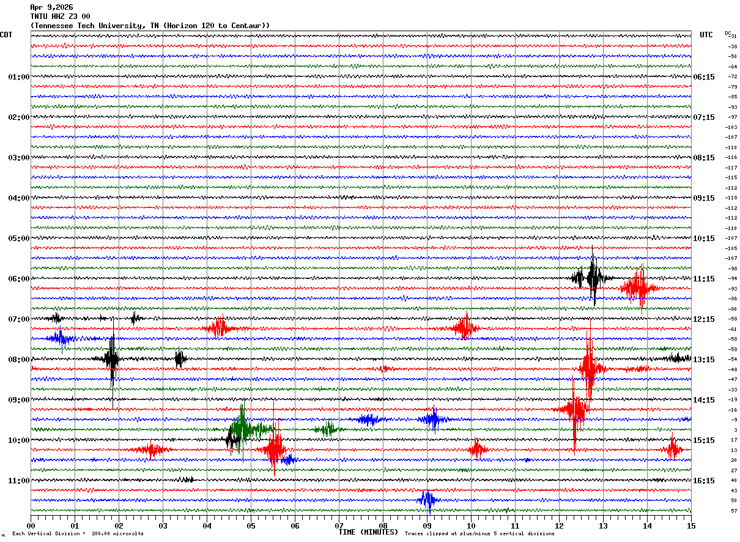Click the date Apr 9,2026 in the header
tap(51, 7)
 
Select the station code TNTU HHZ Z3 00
tap(60, 16)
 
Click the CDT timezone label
tap(6, 35)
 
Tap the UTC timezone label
tap(706, 35)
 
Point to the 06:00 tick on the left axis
tap(18, 279)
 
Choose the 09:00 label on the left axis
tap(18, 400)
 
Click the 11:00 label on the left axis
tap(18, 481)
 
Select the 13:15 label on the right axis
tap(704, 360)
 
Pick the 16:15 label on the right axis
tap(704, 481)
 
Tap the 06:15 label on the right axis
tap(704, 77)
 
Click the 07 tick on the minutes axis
tap(339, 525)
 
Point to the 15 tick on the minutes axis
tap(691, 525)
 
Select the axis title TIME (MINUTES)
tap(368, 532)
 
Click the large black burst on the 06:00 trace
tap(593, 278)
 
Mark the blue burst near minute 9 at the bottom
tap(427, 500)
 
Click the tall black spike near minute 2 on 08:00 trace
tap(112, 360)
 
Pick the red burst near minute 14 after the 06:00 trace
tap(638, 288)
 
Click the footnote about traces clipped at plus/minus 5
tap(479, 534)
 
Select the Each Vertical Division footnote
tap(78, 534)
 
